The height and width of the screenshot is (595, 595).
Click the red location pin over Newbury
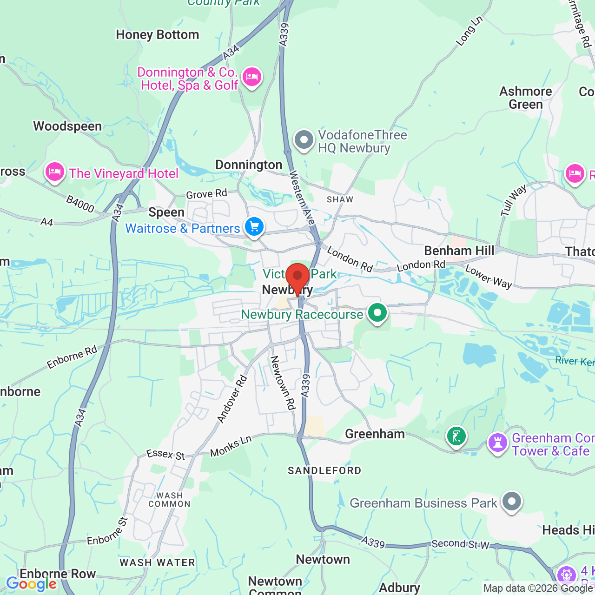click(297, 277)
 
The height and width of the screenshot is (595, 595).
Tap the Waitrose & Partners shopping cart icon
click(254, 227)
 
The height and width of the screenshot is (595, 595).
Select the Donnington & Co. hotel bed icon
click(251, 77)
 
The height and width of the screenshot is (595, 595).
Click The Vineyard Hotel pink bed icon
click(55, 172)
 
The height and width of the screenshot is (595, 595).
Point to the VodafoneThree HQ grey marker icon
click(304, 140)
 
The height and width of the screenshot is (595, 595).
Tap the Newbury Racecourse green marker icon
click(377, 313)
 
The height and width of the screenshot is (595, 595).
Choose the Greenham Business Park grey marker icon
click(511, 502)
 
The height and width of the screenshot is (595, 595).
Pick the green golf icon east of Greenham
click(456, 436)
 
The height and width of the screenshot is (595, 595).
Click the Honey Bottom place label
click(157, 35)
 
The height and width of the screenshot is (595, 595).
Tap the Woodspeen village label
click(67, 126)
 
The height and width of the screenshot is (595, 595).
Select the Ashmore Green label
click(525, 98)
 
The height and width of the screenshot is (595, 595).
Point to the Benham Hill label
click(459, 251)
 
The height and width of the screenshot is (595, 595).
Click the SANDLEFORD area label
click(324, 470)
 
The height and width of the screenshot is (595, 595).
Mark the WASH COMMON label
click(169, 500)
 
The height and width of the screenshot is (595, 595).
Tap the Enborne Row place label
click(58, 574)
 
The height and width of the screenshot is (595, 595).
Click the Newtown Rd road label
click(283, 383)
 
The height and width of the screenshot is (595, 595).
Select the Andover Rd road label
click(232, 399)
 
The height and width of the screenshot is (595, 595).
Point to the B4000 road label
click(80, 204)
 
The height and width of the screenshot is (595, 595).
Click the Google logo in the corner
click(31, 584)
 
